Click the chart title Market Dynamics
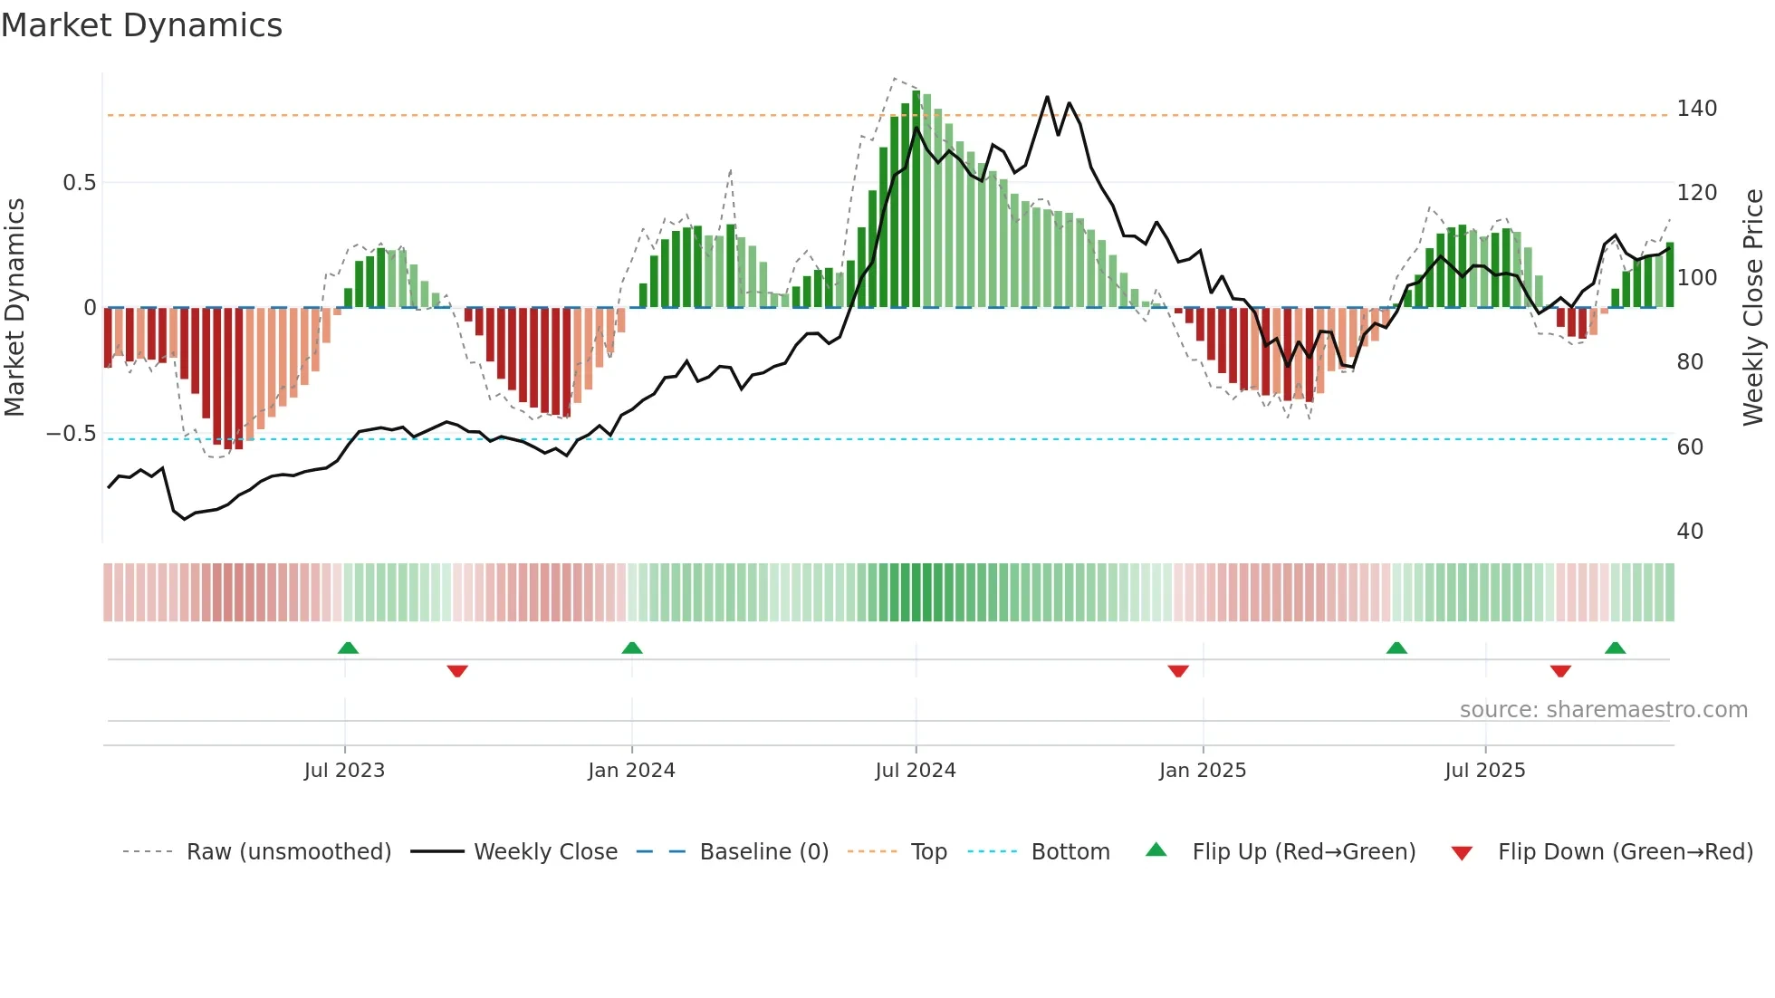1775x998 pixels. click(141, 25)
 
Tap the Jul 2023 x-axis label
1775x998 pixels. click(344, 771)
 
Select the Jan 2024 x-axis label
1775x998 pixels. click(631, 771)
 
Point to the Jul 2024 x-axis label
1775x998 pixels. click(915, 771)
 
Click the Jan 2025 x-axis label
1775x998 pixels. click(1202, 771)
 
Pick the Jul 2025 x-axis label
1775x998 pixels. click(1484, 771)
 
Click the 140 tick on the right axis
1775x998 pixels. click(1696, 109)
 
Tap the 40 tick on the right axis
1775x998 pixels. click(1690, 532)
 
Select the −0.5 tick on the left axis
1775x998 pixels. click(71, 434)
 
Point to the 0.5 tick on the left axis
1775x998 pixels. click(79, 183)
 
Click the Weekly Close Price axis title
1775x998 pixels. click(1753, 308)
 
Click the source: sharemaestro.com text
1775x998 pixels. click(1603, 710)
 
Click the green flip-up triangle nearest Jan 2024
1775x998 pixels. click(632, 648)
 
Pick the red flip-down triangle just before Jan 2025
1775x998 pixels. click(1177, 671)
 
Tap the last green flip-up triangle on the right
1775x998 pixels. click(1615, 648)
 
